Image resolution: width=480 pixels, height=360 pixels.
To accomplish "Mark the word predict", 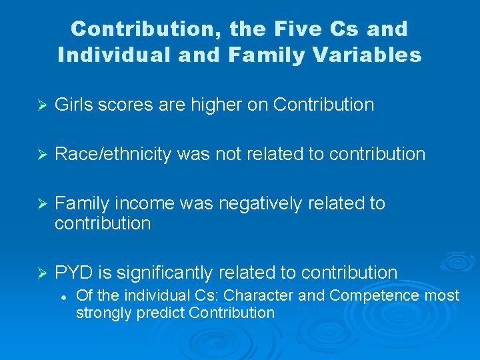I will point(161,313).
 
